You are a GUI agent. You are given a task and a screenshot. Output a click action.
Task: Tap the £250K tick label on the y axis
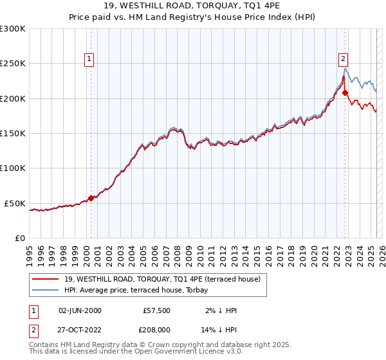pos(13,64)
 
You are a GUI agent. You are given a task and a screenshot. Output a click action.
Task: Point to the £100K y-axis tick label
pos(13,168)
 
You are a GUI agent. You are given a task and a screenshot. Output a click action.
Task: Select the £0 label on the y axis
pos(20,238)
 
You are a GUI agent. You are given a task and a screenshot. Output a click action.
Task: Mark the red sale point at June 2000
pos(91,198)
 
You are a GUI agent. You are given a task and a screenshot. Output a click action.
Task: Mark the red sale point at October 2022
pos(345,93)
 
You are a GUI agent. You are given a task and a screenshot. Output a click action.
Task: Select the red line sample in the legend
pos(46,279)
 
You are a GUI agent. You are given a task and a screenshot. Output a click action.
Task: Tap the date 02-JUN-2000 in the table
pos(80,310)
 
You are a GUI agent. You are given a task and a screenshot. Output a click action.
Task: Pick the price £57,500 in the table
pos(156,310)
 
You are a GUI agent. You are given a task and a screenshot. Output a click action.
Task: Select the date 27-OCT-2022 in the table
pos(80,330)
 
